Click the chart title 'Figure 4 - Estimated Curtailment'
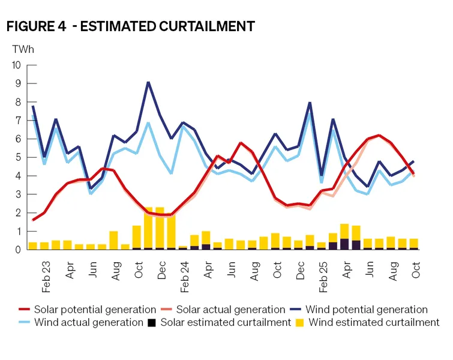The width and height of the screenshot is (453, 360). pyautogui.click(x=130, y=26)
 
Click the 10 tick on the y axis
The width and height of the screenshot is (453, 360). pyautogui.click(x=16, y=65)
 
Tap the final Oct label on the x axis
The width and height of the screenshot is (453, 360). pyautogui.click(x=415, y=264)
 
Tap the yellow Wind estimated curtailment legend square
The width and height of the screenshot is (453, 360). pyautogui.click(x=299, y=323)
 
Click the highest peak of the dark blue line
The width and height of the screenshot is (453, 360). pyautogui.click(x=148, y=83)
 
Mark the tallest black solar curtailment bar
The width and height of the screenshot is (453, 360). pyautogui.click(x=344, y=244)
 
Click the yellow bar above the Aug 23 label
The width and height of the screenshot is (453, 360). pyautogui.click(x=113, y=240)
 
